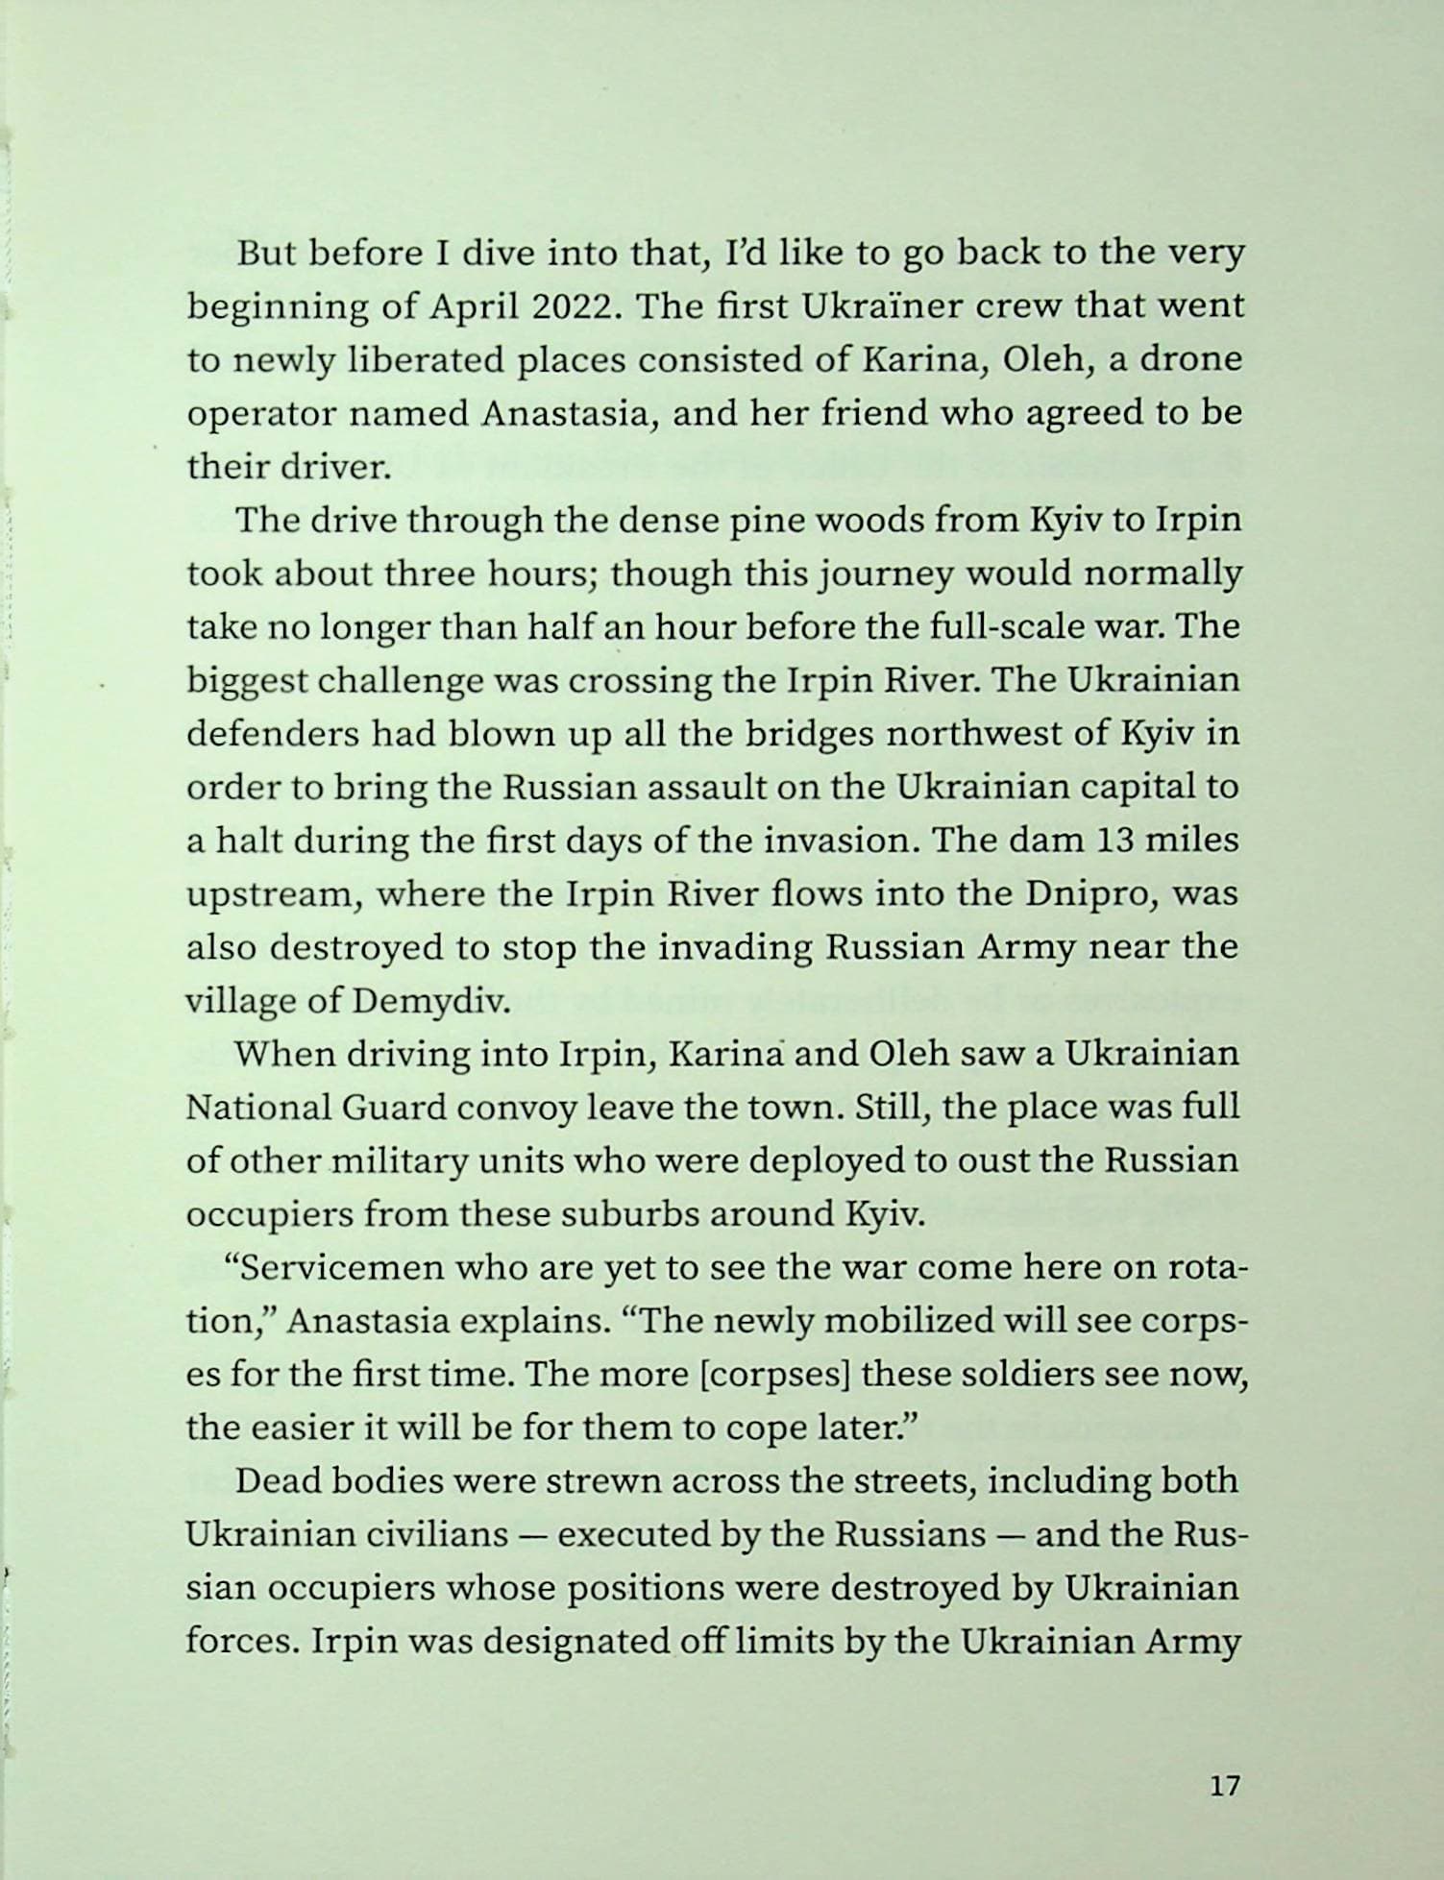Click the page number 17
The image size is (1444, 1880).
pos(1225,1786)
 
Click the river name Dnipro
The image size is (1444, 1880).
pos(1089,893)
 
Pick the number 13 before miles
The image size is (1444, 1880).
pos(1114,840)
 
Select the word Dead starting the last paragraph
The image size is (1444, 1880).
pos(279,1480)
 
